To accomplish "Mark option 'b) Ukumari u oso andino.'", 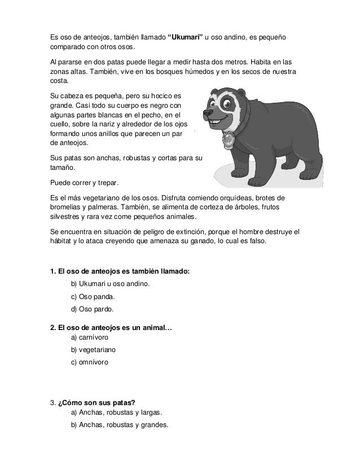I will (110, 283).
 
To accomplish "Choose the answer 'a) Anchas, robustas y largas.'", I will (116, 413).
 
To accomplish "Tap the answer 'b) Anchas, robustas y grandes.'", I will (119, 425).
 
